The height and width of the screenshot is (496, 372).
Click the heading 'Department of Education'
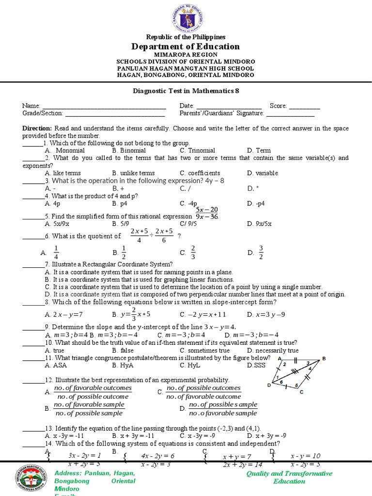tap(186, 46)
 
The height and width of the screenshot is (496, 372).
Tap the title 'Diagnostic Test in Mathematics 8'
tap(186, 91)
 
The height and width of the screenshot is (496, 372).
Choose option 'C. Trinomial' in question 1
tap(197, 151)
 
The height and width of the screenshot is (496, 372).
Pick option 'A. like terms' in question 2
tap(62, 173)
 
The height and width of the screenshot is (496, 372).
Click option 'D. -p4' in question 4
tap(256, 203)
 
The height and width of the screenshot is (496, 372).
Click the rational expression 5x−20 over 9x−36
tap(207, 213)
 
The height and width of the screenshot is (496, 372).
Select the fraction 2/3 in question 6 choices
tap(193, 252)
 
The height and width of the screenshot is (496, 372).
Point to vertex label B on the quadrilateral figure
tap(324, 358)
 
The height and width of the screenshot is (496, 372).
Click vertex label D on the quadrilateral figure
tap(269, 385)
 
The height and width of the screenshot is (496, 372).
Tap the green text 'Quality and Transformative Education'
tap(289, 477)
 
